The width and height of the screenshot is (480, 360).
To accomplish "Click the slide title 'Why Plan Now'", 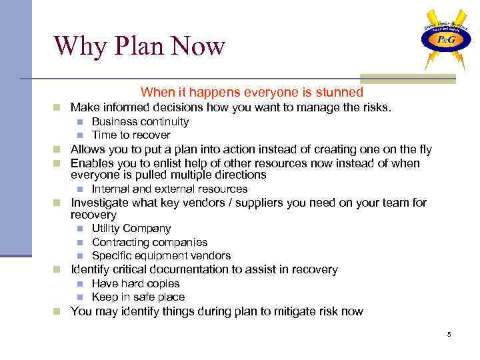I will tap(139, 46).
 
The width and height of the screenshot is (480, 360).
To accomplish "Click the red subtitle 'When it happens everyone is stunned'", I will tap(252, 93).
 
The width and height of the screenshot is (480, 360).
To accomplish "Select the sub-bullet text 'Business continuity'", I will tap(140, 121).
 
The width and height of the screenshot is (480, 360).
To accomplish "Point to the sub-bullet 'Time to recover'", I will tap(131, 135).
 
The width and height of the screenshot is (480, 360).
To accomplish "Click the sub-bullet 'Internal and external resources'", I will tap(169, 189).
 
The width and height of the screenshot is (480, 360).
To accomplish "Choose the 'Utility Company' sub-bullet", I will tap(131, 229).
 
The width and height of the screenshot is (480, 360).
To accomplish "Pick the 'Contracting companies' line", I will tap(149, 242).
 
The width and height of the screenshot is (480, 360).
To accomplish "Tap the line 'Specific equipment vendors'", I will tap(161, 255).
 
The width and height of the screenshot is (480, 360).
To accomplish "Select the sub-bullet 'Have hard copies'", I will tap(135, 283).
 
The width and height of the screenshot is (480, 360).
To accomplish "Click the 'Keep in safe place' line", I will tap(138, 297).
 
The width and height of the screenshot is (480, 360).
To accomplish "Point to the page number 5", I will tap(449, 333).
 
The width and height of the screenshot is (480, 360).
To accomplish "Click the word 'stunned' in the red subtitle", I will tap(341, 93).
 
